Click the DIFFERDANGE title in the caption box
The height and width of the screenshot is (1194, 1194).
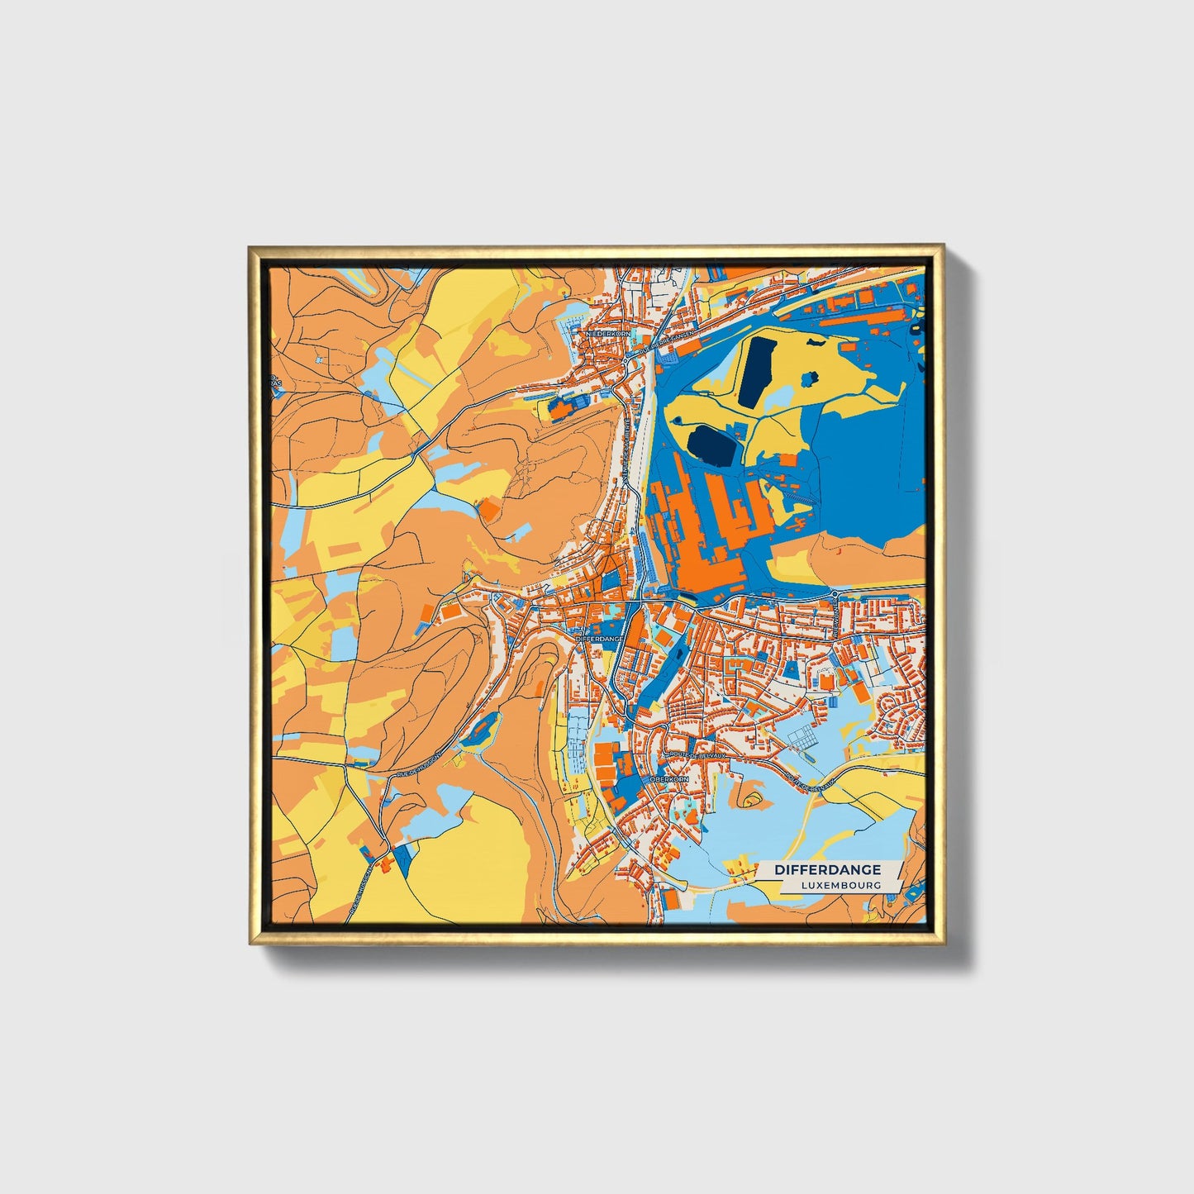827,869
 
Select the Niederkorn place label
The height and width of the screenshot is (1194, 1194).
607,334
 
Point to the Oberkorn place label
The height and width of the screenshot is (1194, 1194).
668,778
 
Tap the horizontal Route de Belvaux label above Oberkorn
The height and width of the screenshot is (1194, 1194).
690,754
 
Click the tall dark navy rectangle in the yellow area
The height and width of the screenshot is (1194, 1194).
756,371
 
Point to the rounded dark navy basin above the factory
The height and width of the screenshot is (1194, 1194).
712,446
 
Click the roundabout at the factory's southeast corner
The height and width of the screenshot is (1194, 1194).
836,593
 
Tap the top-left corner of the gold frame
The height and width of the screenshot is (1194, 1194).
250,246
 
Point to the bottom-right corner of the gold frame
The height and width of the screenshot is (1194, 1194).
943,943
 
